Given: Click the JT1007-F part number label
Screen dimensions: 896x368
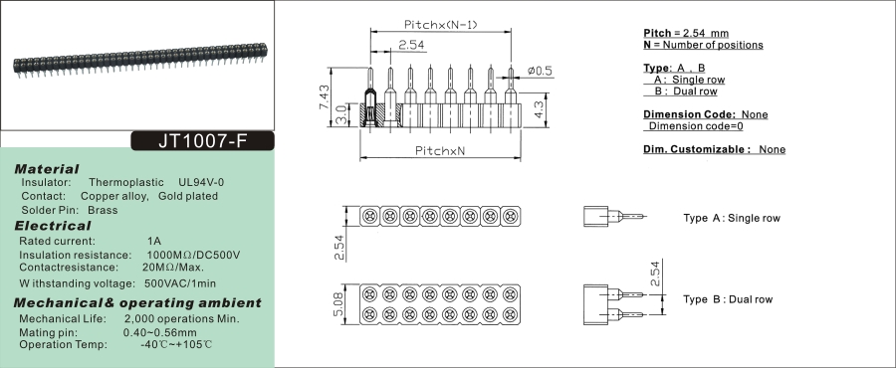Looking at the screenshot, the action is (203, 141).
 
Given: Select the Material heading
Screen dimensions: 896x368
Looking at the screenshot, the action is (47, 169).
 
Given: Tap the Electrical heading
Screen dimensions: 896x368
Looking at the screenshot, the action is (53, 226).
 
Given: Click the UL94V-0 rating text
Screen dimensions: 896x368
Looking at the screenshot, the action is (201, 183).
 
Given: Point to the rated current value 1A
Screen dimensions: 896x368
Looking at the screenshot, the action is (154, 242).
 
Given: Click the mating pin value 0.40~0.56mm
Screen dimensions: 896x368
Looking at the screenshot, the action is (160, 332).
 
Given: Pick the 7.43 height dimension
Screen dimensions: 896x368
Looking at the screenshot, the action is (324, 97).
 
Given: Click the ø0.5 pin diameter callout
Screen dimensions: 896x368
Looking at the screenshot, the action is (540, 71).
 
